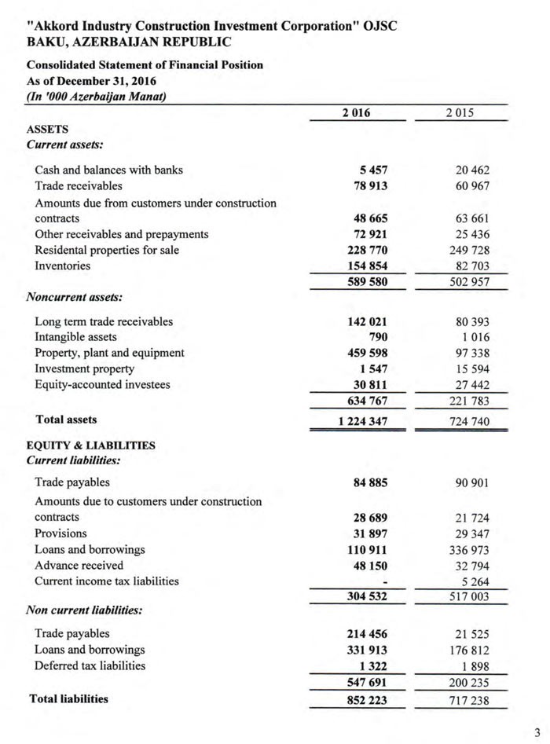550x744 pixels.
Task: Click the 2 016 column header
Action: tap(356, 113)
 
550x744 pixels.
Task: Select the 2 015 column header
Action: tap(460, 113)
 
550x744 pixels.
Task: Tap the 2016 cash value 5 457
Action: tap(373, 170)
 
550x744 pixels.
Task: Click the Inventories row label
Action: tap(62, 266)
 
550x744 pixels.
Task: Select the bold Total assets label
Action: tap(66, 420)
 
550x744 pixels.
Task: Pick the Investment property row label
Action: tap(84, 368)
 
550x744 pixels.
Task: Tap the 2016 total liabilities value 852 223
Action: tap(363, 699)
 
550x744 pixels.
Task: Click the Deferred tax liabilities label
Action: tap(90, 665)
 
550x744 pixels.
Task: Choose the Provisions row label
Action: tap(60, 533)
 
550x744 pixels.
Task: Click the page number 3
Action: tap(537, 732)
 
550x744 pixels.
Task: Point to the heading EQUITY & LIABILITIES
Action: tap(90, 445)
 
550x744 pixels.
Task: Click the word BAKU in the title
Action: tap(45, 41)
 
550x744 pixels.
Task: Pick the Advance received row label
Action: tap(79, 565)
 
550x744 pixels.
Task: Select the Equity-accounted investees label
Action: tap(102, 384)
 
